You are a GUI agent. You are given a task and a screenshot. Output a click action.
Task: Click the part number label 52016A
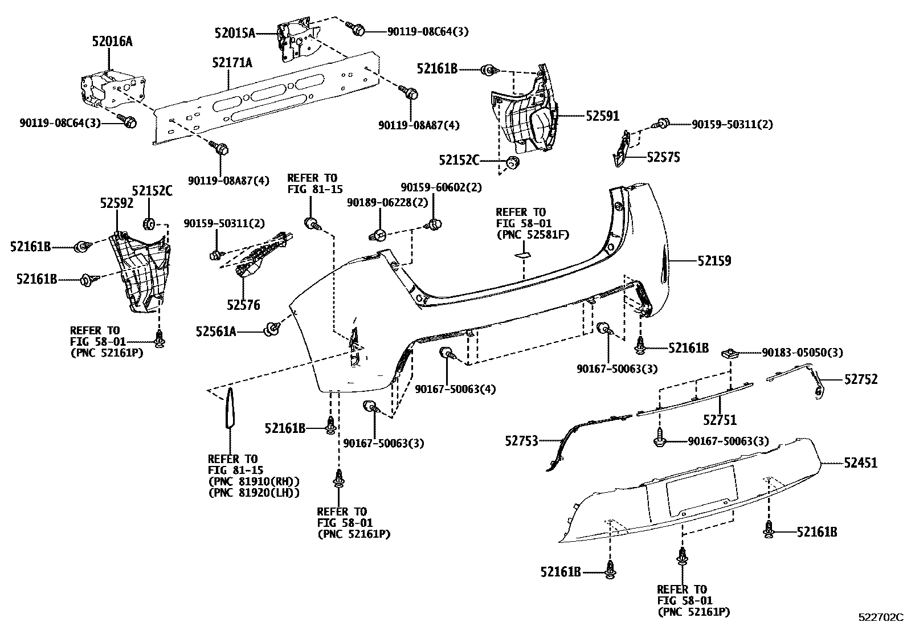(x=112, y=41)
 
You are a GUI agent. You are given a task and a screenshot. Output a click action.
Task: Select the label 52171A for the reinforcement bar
(x=232, y=63)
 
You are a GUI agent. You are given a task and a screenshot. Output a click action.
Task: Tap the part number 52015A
(x=235, y=33)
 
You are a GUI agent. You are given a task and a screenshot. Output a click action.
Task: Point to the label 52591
(x=602, y=116)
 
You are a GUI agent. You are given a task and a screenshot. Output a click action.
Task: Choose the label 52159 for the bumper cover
(x=714, y=261)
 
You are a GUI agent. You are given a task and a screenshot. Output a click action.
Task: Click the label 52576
(x=243, y=305)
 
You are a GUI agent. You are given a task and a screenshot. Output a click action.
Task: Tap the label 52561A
(x=216, y=330)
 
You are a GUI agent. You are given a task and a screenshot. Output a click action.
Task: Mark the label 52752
(x=861, y=379)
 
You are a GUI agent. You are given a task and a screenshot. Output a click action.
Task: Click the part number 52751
(x=720, y=420)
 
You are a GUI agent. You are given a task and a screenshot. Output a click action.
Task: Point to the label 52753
(x=521, y=440)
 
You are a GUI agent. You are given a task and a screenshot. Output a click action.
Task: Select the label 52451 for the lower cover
(x=861, y=463)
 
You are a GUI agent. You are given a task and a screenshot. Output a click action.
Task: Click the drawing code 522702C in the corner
(x=881, y=617)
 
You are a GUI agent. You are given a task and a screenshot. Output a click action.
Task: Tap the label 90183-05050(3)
(x=802, y=353)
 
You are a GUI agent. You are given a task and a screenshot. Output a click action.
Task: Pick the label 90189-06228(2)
(x=387, y=203)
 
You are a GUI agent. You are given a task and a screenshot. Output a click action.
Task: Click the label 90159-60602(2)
(x=441, y=187)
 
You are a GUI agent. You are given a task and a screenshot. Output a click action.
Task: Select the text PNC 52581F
(x=533, y=234)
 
